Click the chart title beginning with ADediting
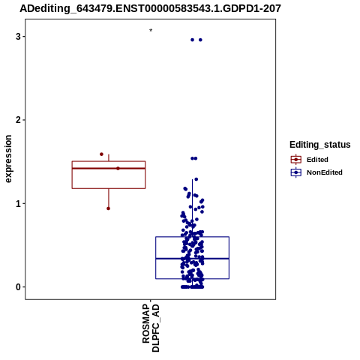coord(150,9)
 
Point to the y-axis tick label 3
coord(18,37)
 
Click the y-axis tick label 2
coord(18,120)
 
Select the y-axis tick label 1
coord(18,204)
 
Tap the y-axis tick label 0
coord(18,287)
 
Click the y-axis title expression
coord(8,159)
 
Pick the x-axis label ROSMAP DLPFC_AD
coord(151,328)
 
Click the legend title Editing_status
coord(320,145)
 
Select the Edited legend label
coord(317,160)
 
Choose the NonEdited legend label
coord(325,172)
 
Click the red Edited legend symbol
coord(296,160)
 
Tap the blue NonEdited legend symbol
coord(296,172)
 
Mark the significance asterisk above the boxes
coord(151,31)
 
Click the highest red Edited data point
coord(101,154)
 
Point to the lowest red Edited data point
coord(108,208)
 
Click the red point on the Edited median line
coord(118,169)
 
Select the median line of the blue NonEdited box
coord(192,259)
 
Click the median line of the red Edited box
coord(109,169)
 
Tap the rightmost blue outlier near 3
coord(200,40)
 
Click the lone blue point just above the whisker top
coord(196,179)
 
